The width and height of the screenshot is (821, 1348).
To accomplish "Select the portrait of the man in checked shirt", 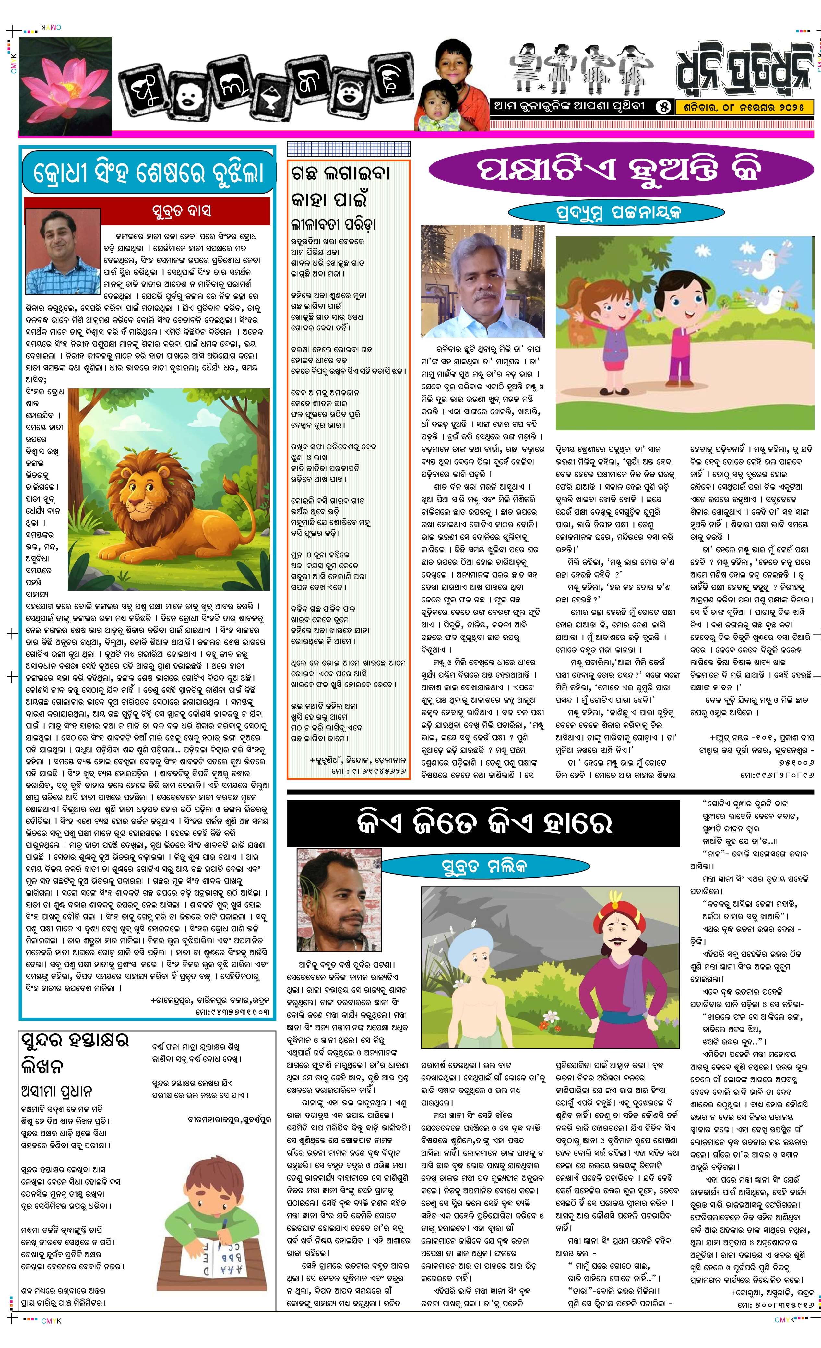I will pyautogui.click(x=62, y=252).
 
